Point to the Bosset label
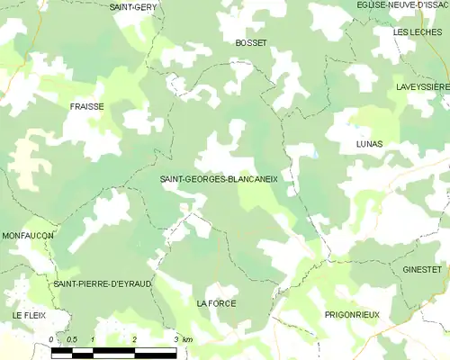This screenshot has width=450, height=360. [250, 42]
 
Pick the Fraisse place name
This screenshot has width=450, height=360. [86, 106]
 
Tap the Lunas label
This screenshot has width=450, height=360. [369, 144]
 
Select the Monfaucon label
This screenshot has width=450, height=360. [27, 235]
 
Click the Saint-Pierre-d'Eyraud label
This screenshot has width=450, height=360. [102, 283]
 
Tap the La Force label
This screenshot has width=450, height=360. [216, 304]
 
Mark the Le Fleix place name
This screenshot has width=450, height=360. [29, 315]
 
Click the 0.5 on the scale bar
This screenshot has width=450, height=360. [71, 339]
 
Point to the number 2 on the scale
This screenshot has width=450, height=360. [134, 339]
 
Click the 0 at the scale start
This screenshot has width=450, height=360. [52, 339]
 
